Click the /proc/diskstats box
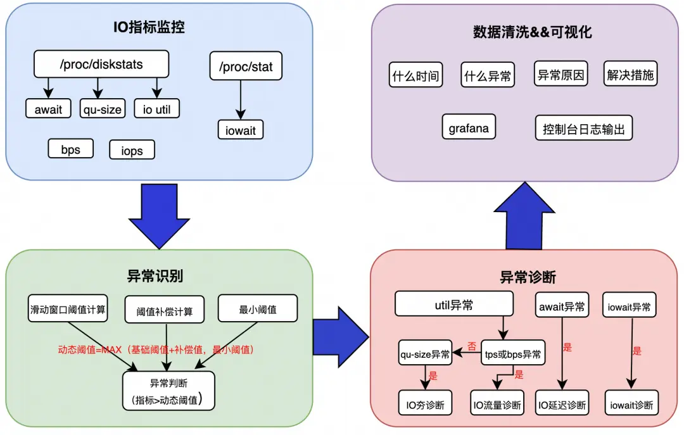click(x=101, y=64)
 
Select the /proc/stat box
click(x=245, y=66)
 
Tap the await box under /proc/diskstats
click(x=48, y=109)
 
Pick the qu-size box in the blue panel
click(x=102, y=109)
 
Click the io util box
click(x=156, y=109)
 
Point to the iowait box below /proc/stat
click(x=241, y=130)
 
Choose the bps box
click(x=70, y=149)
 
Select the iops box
click(x=132, y=150)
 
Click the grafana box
click(x=469, y=128)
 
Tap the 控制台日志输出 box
click(x=583, y=129)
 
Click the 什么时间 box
click(x=416, y=75)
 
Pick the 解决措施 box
click(x=630, y=75)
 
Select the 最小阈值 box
click(x=257, y=309)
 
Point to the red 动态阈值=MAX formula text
click(x=156, y=349)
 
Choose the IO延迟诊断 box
click(x=562, y=404)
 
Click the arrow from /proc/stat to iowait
click(x=241, y=99)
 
